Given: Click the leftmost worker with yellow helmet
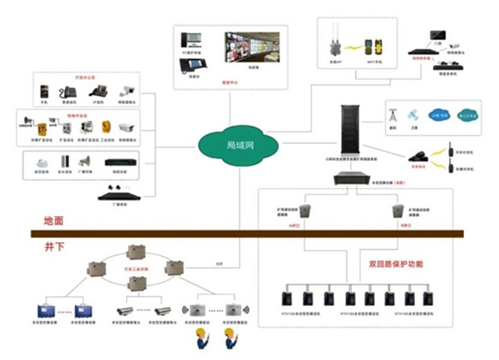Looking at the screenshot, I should point(203,338).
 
